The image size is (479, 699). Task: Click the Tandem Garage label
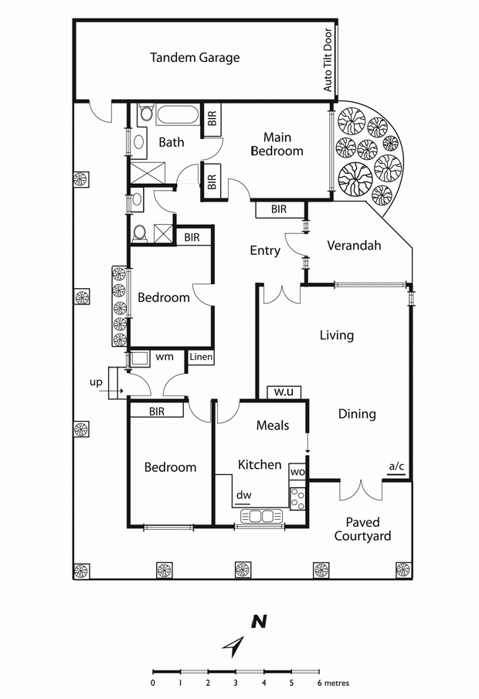coord(195,57)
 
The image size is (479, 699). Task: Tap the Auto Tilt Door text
coord(328,59)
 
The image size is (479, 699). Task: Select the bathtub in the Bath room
coord(178,115)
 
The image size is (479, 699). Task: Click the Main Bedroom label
coord(277,144)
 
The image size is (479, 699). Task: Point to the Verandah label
coord(354,245)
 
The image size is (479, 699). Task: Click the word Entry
coord(265,250)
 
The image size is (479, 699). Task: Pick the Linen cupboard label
coord(201,357)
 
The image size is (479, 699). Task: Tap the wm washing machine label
coord(165,357)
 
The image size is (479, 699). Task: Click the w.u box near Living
coord(284,392)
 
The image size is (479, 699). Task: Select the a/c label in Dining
coord(396,467)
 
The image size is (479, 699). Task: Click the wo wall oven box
coord(297,471)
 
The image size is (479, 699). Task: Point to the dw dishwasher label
coord(244,495)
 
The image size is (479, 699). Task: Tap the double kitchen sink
coord(262,516)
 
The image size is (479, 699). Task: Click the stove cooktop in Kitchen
coord(297,499)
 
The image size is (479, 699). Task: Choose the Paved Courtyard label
coord(362,529)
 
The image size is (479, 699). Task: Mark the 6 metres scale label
coord(334,683)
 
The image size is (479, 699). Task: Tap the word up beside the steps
coord(96,382)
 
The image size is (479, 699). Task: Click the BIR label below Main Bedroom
coord(279,209)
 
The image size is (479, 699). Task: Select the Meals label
coord(273,426)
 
